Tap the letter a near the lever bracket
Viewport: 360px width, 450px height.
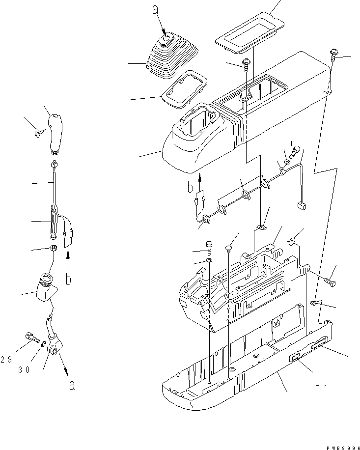(x=72, y=385)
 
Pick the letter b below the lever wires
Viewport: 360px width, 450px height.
(x=69, y=279)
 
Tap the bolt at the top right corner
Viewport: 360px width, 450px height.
(x=334, y=53)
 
